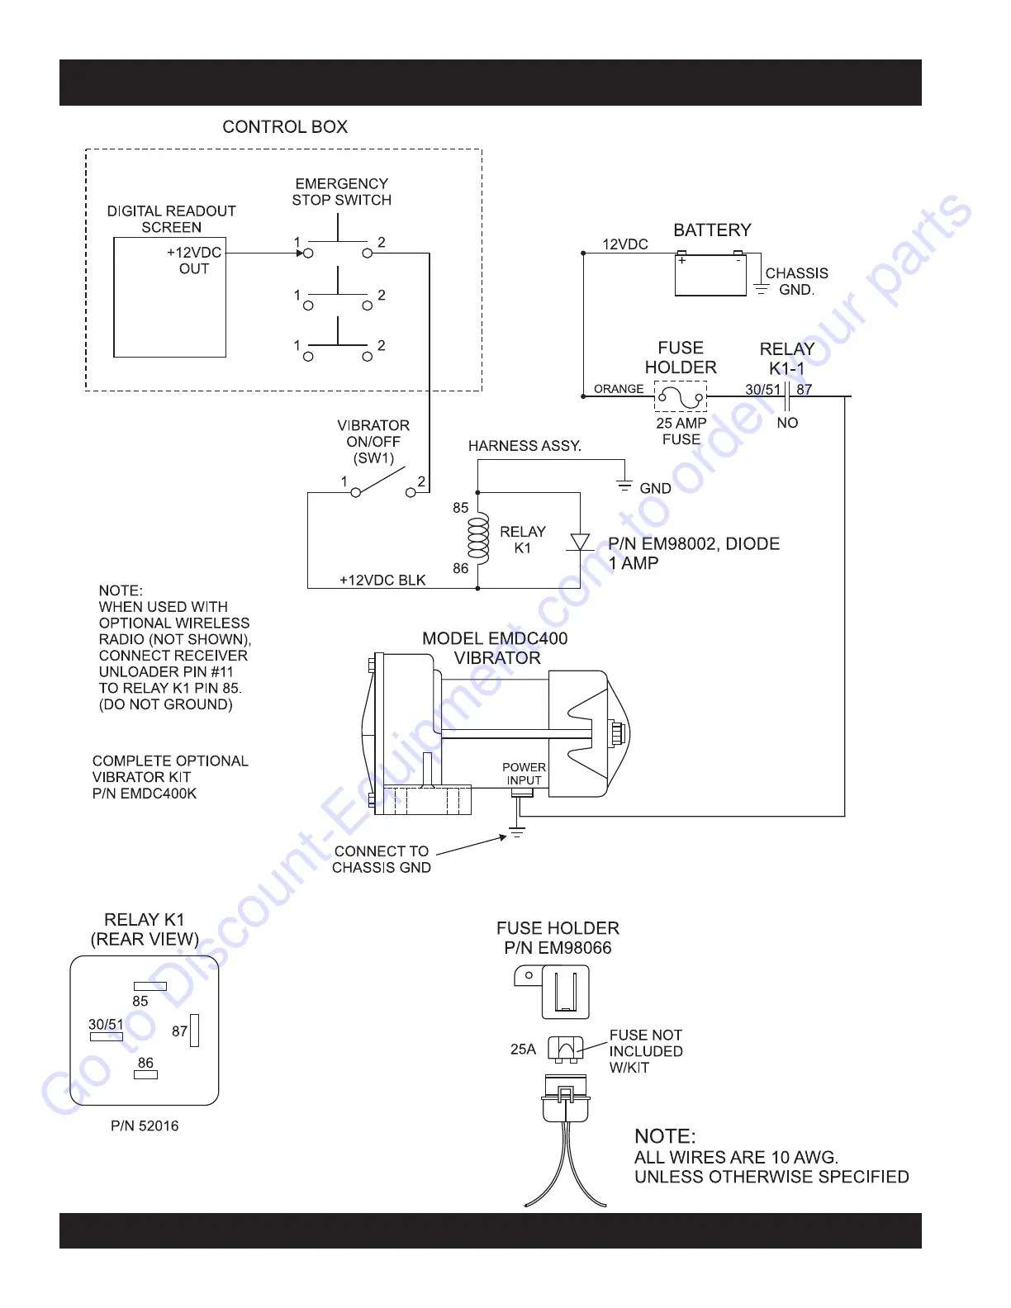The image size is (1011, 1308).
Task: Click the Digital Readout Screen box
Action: click(169, 297)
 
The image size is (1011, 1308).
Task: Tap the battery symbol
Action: click(710, 276)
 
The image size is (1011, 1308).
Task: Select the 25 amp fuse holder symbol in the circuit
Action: click(681, 396)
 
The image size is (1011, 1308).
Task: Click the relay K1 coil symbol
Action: click(478, 538)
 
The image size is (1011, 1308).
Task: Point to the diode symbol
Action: click(580, 542)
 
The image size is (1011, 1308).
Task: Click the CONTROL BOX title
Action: click(285, 127)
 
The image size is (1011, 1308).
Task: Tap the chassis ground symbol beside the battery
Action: click(762, 289)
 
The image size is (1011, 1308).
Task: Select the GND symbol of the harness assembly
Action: click(624, 486)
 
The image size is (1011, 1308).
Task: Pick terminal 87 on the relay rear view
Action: click(195, 1031)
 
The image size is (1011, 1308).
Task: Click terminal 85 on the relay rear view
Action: click(150, 986)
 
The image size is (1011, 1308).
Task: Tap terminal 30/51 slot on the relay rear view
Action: click(107, 1036)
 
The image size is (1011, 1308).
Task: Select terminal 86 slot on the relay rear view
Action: click(145, 1074)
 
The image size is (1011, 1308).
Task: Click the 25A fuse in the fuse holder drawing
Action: click(566, 1050)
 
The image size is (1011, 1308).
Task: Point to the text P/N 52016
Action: click(145, 1126)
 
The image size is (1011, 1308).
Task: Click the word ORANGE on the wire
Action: click(619, 389)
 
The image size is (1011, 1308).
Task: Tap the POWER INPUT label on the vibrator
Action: click(524, 774)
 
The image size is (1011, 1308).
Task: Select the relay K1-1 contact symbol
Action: click(787, 396)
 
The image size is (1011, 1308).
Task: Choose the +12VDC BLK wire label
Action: click(382, 580)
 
